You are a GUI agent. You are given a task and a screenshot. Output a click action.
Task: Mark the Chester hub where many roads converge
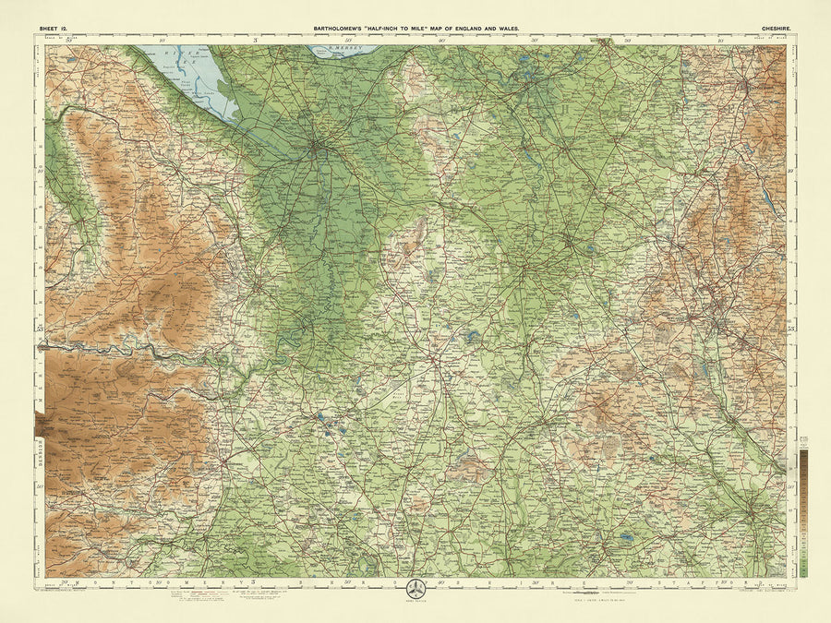tap(317, 145)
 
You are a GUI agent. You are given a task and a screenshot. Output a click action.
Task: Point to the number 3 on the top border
tap(254, 40)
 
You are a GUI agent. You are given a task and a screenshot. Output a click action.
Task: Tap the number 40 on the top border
tap(441, 40)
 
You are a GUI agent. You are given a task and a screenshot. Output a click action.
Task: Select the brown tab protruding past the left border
tap(38, 425)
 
